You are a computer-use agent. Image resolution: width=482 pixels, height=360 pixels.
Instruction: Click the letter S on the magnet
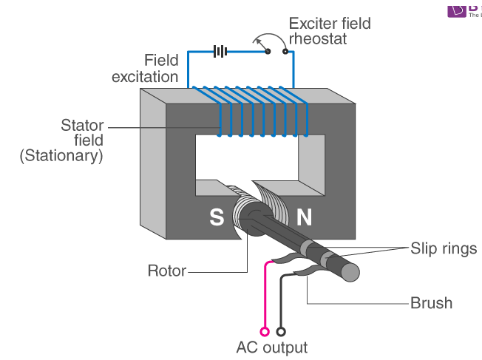217,217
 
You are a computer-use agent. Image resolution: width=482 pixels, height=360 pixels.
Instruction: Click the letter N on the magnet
305,217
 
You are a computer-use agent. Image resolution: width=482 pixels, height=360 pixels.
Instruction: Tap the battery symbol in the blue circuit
219,52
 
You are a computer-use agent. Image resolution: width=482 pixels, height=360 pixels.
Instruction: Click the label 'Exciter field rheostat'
330,31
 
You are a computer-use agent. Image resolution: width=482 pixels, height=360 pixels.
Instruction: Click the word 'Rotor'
167,271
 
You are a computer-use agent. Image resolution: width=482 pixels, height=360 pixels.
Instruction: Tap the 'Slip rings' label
444,248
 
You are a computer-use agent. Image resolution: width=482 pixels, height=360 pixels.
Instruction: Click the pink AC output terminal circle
265,332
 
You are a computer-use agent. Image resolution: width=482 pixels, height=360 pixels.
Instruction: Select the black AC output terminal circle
280,332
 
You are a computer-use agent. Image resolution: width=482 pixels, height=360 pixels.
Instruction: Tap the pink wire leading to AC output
265,296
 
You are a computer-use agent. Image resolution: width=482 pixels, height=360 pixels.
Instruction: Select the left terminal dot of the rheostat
268,52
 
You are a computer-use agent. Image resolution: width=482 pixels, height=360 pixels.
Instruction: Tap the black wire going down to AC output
280,303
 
